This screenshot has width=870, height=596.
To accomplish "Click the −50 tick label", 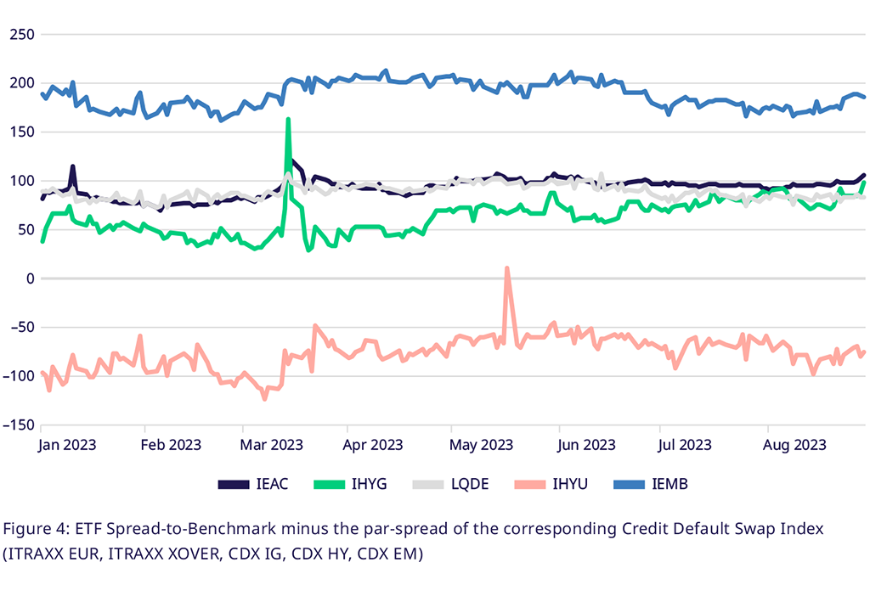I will pyautogui.click(x=18, y=328).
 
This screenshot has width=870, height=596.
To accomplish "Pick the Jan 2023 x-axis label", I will pyautogui.click(x=67, y=444).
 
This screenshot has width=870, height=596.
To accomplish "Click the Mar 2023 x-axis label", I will pyautogui.click(x=272, y=444).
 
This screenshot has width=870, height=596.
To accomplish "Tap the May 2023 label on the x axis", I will pyautogui.click(x=482, y=444).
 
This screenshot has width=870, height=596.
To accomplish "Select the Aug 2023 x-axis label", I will pyautogui.click(x=796, y=444).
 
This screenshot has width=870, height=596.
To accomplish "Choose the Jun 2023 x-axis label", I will pyautogui.click(x=585, y=444).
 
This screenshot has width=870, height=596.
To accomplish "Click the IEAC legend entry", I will pyautogui.click(x=254, y=484).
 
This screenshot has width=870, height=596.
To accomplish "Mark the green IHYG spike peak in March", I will pyautogui.click(x=289, y=119).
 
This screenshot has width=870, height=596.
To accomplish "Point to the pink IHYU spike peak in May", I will pyautogui.click(x=507, y=269).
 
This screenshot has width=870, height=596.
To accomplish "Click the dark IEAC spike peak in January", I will pyautogui.click(x=73, y=166).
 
